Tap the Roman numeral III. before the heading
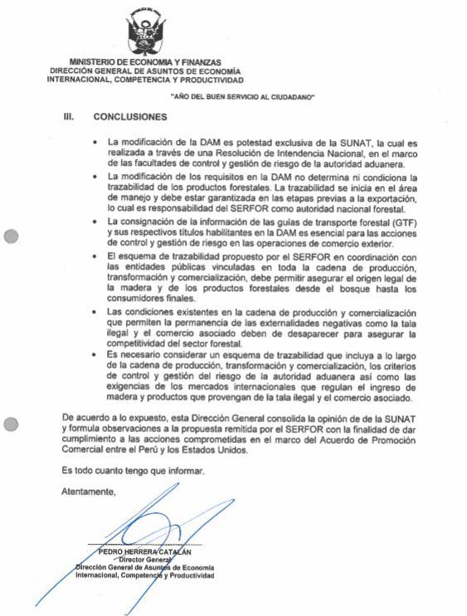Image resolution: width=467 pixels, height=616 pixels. (70, 117)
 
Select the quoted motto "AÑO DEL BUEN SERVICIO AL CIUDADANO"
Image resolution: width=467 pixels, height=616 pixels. (241, 97)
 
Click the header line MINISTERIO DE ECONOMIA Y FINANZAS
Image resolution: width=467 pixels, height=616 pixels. (145, 62)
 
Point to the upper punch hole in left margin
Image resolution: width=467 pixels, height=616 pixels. (11, 236)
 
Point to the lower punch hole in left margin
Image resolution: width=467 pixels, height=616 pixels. (11, 424)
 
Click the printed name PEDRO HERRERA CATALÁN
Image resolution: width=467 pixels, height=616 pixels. (144, 551)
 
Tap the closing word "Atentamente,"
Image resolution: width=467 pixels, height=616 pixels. (89, 492)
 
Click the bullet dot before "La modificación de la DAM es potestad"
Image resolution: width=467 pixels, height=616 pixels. (100, 143)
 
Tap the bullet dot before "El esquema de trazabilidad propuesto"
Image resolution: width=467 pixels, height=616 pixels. (100, 259)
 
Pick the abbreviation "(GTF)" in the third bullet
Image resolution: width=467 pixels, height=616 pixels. (404, 223)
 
